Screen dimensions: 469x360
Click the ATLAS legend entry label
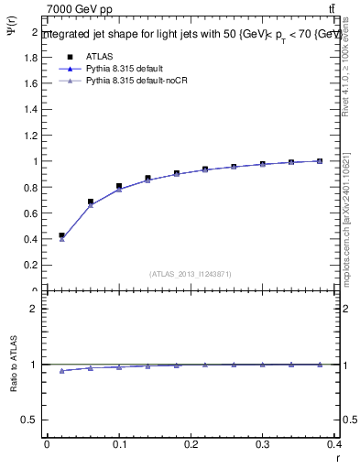pyautogui.click(x=99, y=57)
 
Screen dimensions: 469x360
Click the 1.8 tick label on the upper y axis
pyautogui.click(x=31, y=57)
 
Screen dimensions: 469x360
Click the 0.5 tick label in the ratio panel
pyautogui.click(x=31, y=420)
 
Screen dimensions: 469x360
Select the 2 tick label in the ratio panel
pyautogui.click(x=35, y=309)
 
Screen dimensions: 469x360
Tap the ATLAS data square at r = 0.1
pyautogui.click(x=119, y=186)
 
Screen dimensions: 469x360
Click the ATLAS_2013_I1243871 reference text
pyautogui.click(x=190, y=274)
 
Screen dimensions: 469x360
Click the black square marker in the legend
pyautogui.click(x=70, y=57)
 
